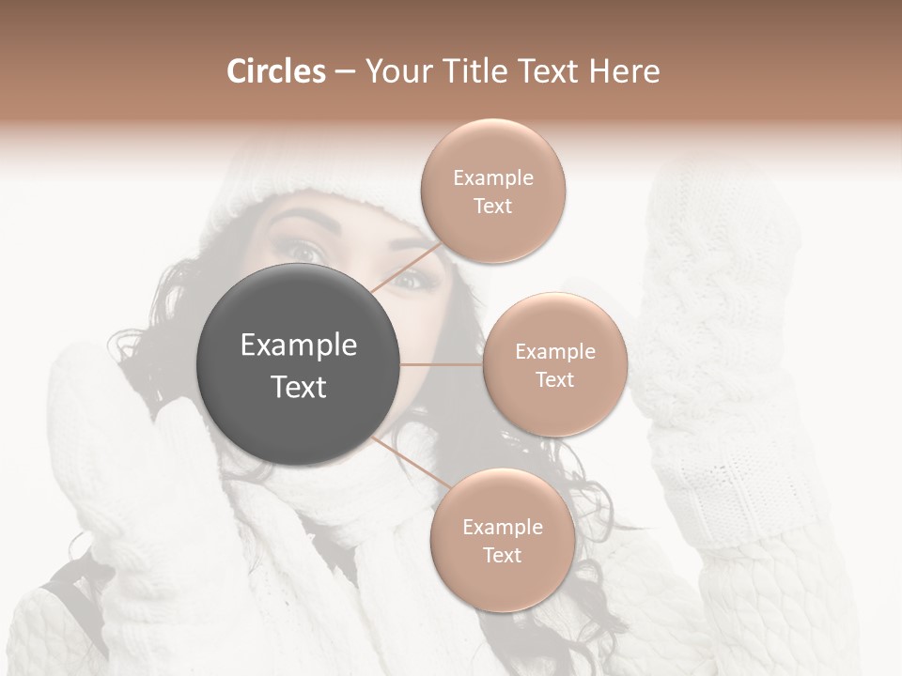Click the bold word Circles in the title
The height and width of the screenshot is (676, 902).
pos(275,71)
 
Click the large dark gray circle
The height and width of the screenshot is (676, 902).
pos(299,365)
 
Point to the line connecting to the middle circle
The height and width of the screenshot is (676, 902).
pos(442,364)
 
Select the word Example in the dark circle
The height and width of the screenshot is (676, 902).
pos(299,346)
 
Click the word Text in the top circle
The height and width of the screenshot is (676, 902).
pos(492,206)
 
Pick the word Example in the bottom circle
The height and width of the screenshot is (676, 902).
pos(502,527)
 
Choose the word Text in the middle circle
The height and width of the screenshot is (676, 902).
pos(554,379)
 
